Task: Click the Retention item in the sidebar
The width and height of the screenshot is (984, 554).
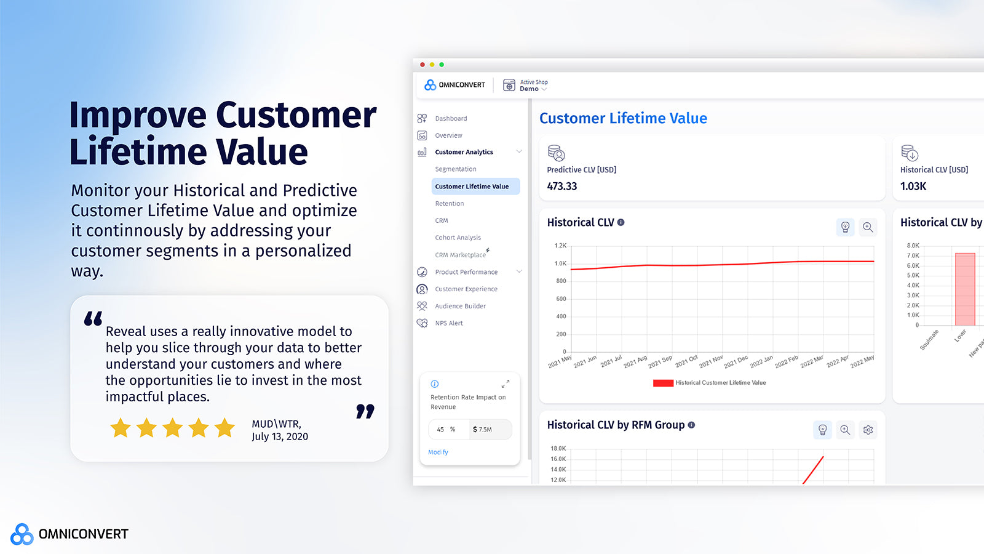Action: click(x=450, y=204)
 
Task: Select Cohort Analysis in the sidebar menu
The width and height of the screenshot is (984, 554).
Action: click(x=458, y=238)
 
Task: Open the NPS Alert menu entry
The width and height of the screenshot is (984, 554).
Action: click(x=449, y=323)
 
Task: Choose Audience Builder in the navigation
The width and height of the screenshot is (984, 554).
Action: click(x=460, y=306)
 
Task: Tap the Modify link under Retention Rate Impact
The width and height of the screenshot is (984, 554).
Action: click(x=438, y=452)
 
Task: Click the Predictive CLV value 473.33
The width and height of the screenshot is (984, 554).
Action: click(x=562, y=187)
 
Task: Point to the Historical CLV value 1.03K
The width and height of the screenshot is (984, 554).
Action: click(x=913, y=187)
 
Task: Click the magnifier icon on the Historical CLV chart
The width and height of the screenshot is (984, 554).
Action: click(x=868, y=227)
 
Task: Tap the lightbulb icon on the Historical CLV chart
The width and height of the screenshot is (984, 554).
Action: click(x=846, y=227)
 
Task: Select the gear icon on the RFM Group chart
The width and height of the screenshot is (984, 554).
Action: click(x=868, y=430)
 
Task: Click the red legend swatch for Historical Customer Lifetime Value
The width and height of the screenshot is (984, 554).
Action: click(x=663, y=383)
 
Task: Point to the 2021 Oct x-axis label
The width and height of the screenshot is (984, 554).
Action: click(x=686, y=361)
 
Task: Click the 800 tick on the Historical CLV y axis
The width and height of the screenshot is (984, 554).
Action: click(x=561, y=281)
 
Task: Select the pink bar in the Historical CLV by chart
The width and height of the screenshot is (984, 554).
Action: click(x=965, y=289)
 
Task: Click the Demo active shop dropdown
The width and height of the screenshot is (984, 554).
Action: click(x=533, y=89)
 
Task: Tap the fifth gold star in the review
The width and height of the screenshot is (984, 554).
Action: click(x=225, y=428)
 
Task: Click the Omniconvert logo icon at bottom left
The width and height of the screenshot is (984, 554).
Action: click(x=22, y=534)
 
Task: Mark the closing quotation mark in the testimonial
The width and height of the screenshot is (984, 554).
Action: click(x=365, y=412)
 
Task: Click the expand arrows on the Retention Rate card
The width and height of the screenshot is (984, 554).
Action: click(x=505, y=384)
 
